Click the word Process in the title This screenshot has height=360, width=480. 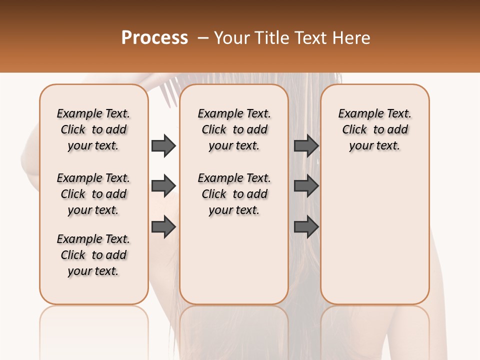pos(154,38)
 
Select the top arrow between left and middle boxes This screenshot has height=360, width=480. pos(163,145)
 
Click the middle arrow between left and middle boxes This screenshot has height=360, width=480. pos(163,186)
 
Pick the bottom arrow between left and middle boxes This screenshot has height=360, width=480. pos(163,226)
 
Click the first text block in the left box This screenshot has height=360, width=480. pos(93,129)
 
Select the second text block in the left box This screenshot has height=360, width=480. pos(93,194)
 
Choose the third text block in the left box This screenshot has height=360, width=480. pos(93,255)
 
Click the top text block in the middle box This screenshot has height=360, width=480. pos(234,129)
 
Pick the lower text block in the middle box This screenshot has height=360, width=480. pos(234,194)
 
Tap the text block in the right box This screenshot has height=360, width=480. pos(374,129)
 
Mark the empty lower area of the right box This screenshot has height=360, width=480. pos(374,235)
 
